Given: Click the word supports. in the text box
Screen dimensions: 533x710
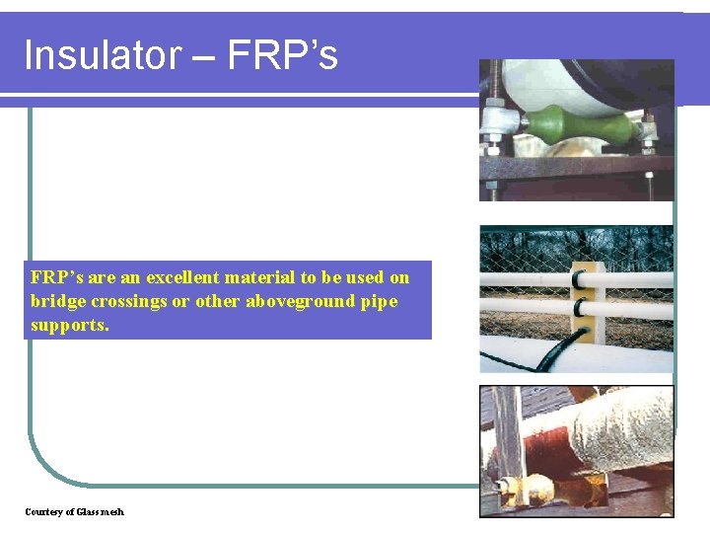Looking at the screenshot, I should (x=70, y=324).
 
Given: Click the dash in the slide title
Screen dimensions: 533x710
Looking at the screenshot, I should (x=204, y=57).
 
